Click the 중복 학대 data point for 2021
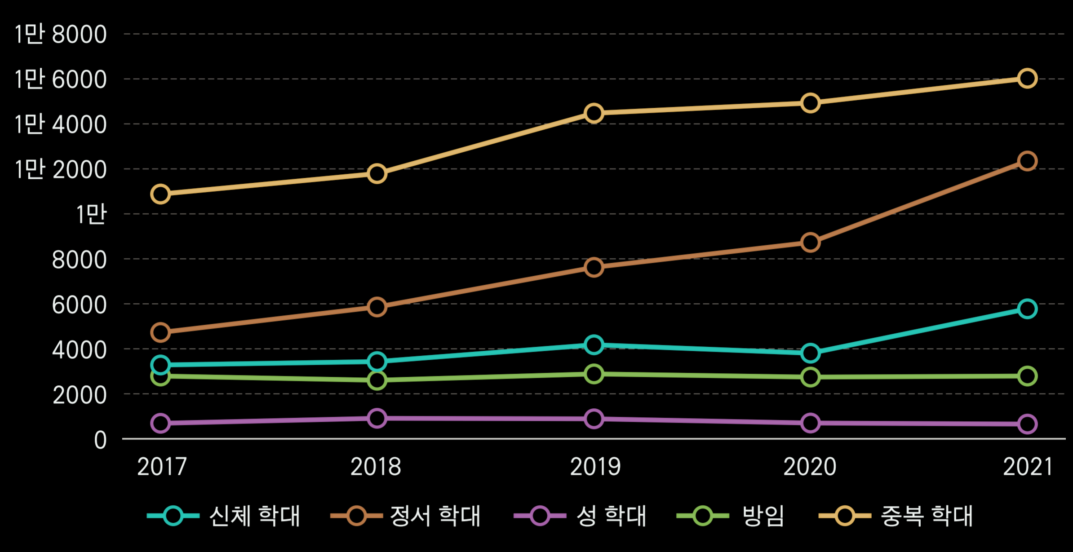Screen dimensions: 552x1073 (1027, 79)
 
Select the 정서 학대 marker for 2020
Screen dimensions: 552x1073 (810, 243)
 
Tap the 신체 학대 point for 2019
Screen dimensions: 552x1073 (594, 344)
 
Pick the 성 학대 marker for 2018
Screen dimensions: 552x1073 (377, 418)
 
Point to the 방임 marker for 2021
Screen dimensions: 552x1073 (1027, 376)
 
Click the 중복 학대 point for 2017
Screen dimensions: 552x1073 (160, 194)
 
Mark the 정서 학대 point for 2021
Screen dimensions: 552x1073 (1027, 161)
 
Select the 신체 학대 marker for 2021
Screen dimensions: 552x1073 (1027, 309)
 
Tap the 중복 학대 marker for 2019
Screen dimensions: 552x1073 (594, 113)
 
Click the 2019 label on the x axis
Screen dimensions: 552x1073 (595, 467)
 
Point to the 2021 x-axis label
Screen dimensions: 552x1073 (1028, 467)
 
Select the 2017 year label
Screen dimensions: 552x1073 (162, 467)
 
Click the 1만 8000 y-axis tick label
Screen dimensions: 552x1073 (61, 35)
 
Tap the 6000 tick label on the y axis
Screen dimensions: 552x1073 (79, 305)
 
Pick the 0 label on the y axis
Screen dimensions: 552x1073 (100, 440)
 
